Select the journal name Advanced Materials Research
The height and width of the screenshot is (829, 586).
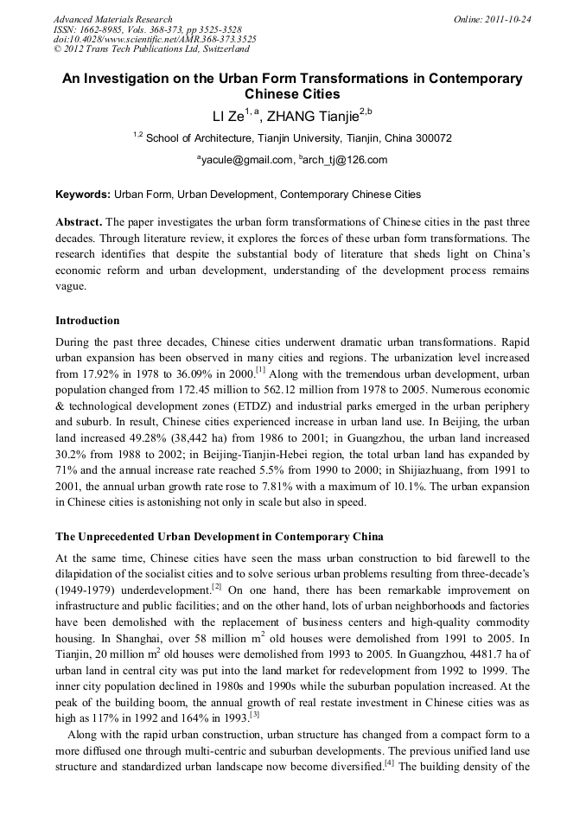pos(113,19)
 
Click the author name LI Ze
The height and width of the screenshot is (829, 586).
pos(228,117)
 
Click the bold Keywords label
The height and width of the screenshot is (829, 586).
pos(82,194)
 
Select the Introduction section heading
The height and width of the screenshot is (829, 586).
pos(87,320)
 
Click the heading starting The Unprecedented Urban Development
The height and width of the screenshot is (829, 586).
pos(220,536)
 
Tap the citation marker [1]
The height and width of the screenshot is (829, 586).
pos(259,372)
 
